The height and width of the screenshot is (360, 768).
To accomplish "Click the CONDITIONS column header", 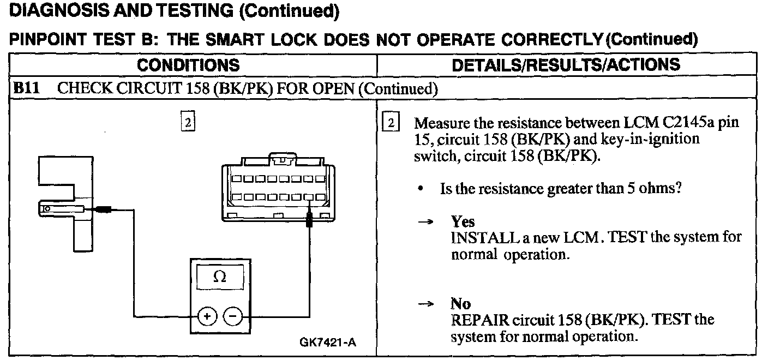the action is click(x=188, y=65).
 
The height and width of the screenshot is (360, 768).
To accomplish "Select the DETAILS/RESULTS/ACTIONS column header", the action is click(x=566, y=65).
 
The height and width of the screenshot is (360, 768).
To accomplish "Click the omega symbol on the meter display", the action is click(x=220, y=277).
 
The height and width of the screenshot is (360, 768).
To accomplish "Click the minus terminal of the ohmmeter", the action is click(x=233, y=316).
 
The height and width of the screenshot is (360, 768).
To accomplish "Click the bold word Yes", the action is click(x=463, y=221).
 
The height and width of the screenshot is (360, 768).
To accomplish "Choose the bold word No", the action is click(x=460, y=303).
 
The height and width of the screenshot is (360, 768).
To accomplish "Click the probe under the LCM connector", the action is click(x=309, y=221).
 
